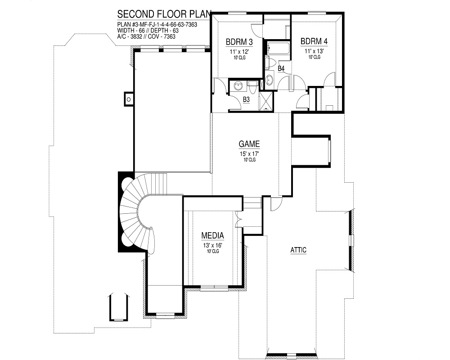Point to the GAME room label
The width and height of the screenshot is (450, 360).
click(249, 144)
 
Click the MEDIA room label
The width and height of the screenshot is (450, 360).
click(213, 235)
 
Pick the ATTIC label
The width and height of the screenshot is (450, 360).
click(298, 250)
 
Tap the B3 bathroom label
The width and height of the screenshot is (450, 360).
click(246, 99)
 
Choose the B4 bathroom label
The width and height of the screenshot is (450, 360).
click(281, 68)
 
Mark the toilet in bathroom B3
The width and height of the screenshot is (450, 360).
click(252, 85)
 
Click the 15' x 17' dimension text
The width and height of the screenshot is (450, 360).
click(249, 154)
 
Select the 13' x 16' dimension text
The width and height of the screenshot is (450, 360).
click(213, 245)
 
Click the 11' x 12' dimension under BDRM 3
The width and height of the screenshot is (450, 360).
click(238, 51)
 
